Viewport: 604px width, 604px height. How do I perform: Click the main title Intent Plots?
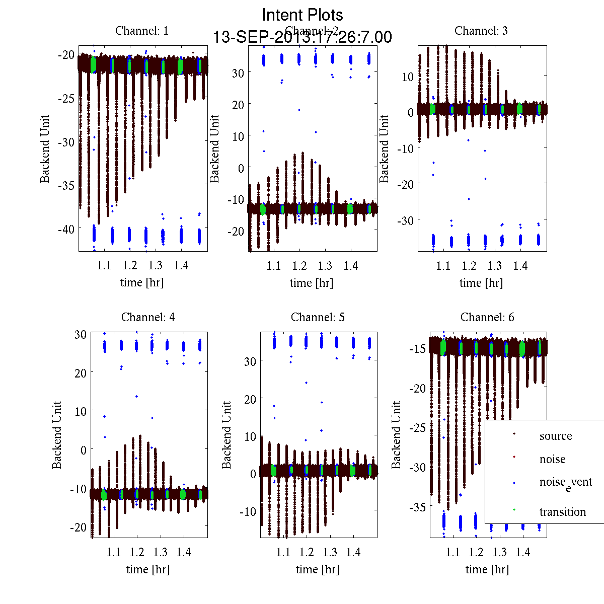click(303, 15)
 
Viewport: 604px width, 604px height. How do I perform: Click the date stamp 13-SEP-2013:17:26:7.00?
click(303, 37)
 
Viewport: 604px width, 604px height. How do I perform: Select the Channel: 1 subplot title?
click(142, 31)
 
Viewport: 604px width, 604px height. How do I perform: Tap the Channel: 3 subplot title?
click(481, 31)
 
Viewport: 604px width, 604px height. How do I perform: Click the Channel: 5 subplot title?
click(318, 317)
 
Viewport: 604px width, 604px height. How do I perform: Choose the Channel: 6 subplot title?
click(487, 317)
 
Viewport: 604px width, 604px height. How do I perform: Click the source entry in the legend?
click(556, 436)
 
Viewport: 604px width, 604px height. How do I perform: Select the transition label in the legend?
click(563, 512)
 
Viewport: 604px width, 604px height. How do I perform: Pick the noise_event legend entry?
click(566, 483)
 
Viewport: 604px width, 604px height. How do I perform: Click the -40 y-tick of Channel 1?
click(67, 229)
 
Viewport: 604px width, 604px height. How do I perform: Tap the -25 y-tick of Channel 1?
click(67, 99)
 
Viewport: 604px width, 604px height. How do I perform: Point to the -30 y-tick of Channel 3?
click(406, 220)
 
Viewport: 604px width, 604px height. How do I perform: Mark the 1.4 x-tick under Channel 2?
click(351, 266)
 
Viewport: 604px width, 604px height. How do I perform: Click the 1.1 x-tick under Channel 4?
click(114, 552)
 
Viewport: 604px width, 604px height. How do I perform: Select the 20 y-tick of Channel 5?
click(250, 399)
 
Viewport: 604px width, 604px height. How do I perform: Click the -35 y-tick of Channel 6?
click(416, 507)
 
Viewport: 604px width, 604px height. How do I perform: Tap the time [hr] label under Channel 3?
click(481, 283)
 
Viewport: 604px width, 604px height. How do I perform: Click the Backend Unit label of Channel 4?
click(57, 435)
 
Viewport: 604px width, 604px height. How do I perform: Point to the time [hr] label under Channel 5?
click(318, 569)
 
